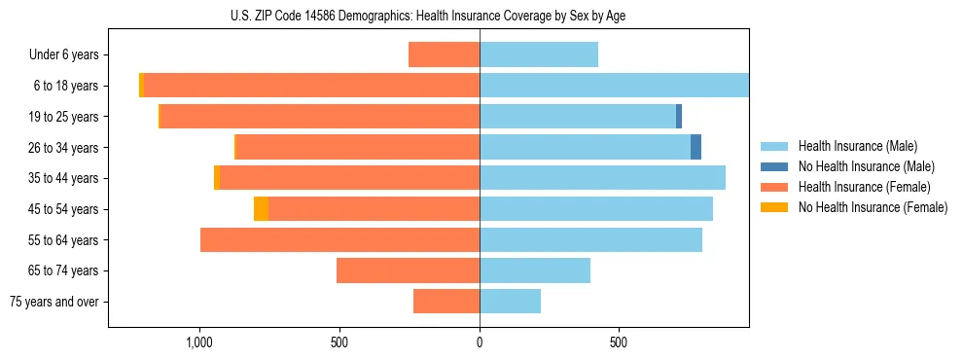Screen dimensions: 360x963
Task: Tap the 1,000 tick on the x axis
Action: [199, 342]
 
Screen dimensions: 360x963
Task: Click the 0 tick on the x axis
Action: [480, 342]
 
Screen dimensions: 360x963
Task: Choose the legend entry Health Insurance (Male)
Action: [857, 146]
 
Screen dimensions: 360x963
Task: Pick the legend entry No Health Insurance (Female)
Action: [873, 207]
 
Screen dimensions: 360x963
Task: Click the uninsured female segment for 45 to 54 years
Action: [261, 209]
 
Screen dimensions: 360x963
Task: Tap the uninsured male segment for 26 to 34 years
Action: [695, 147]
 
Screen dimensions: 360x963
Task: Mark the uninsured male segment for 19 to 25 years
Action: [679, 117]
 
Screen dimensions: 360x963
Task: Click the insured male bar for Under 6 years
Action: [539, 54]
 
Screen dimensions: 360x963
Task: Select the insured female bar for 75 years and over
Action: [446, 302]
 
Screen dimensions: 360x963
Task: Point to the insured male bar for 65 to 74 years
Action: [535, 270]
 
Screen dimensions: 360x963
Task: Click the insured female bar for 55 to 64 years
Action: [339, 239]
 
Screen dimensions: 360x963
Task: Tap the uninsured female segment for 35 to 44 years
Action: [217, 178]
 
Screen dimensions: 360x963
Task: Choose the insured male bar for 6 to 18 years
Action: [614, 86]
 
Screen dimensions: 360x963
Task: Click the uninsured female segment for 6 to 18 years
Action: [141, 86]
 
